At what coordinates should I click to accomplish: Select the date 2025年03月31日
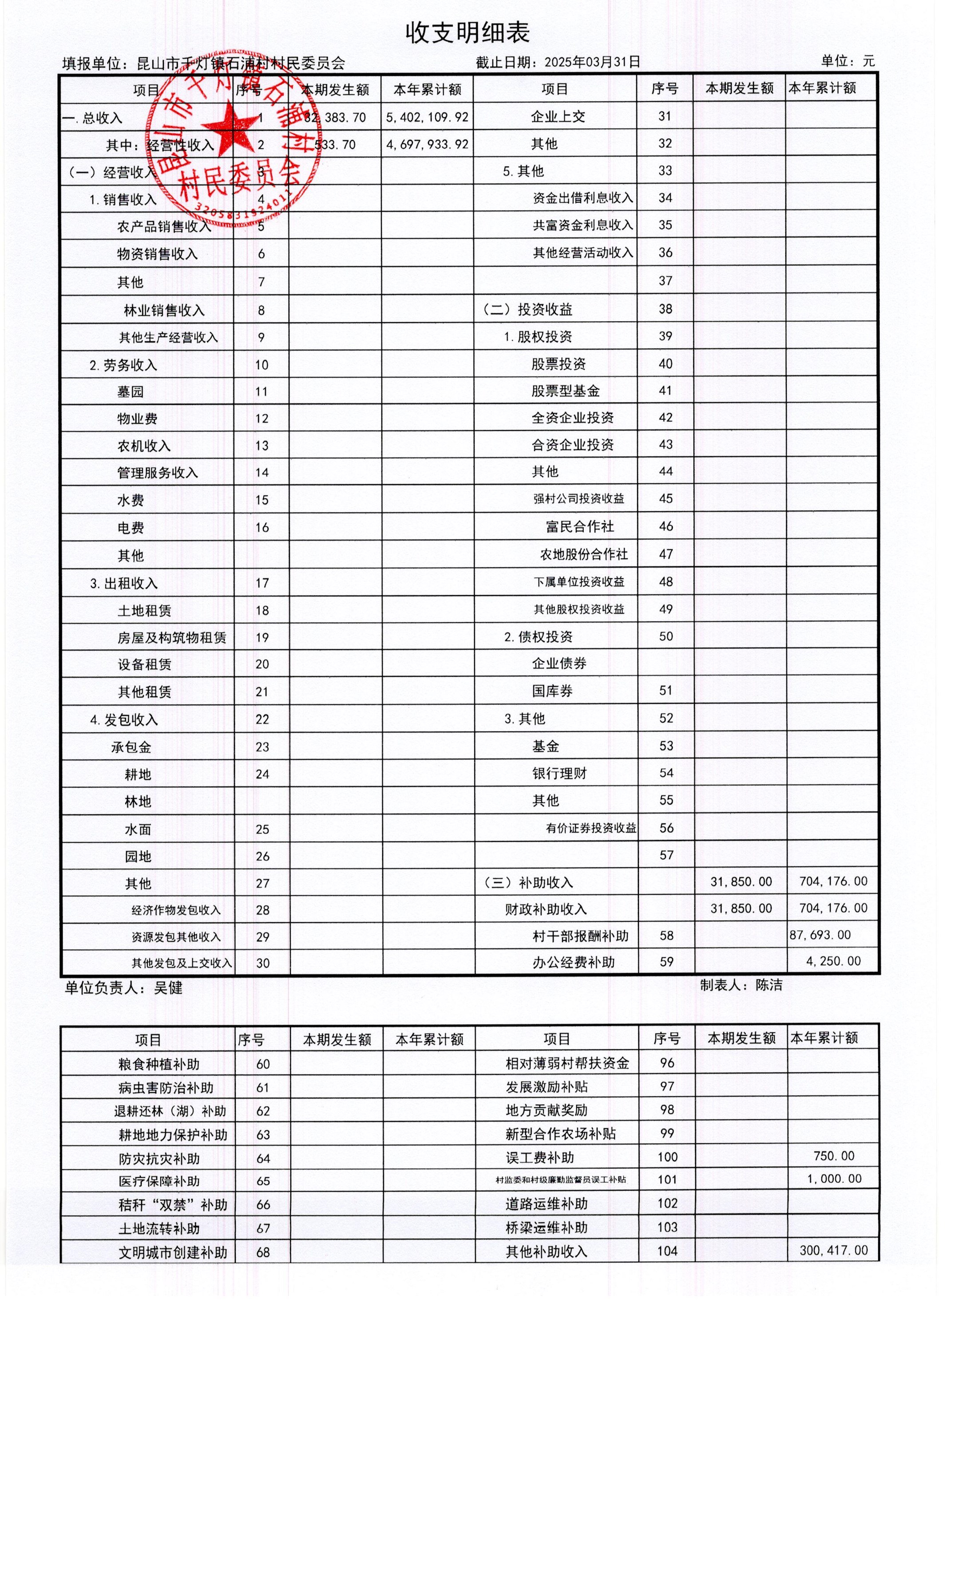592,62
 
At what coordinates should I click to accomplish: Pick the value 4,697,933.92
427,145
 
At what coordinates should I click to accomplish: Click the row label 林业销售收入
164,311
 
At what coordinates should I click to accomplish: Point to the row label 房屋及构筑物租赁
172,638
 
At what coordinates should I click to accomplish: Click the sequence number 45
666,498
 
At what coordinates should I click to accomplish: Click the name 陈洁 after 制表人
769,985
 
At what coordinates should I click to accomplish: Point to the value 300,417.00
833,1250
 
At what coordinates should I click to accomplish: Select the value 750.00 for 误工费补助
833,1156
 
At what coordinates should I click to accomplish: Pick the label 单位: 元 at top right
848,62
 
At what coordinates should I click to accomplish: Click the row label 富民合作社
579,527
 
